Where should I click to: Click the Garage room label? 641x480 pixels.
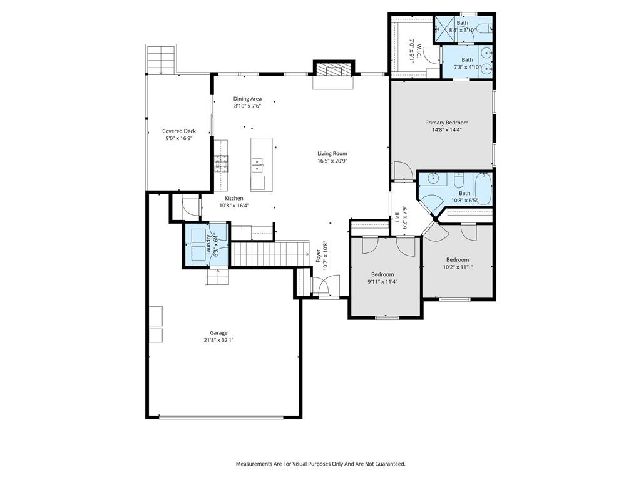218,333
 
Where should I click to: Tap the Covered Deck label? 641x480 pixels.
179,131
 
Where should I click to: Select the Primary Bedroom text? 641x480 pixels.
447,122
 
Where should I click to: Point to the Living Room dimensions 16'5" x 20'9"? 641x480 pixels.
332,161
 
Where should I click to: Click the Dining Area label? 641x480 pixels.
247,98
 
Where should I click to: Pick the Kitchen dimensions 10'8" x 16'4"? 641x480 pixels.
234,206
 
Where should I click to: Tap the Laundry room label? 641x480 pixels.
208,245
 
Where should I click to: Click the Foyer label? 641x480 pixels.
319,256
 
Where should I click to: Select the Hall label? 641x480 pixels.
397,217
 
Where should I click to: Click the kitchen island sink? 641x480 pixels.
257,164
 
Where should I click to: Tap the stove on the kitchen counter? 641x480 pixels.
221,163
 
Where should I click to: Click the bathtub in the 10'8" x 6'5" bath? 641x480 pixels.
483,189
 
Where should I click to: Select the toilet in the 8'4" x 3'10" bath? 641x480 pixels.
484,29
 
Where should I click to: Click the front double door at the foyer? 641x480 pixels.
326,285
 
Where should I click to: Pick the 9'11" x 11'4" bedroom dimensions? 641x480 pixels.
382,282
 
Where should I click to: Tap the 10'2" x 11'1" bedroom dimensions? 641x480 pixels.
458,267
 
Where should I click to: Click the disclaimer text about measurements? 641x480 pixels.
320,464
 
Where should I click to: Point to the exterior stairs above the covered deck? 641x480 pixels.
161,59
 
